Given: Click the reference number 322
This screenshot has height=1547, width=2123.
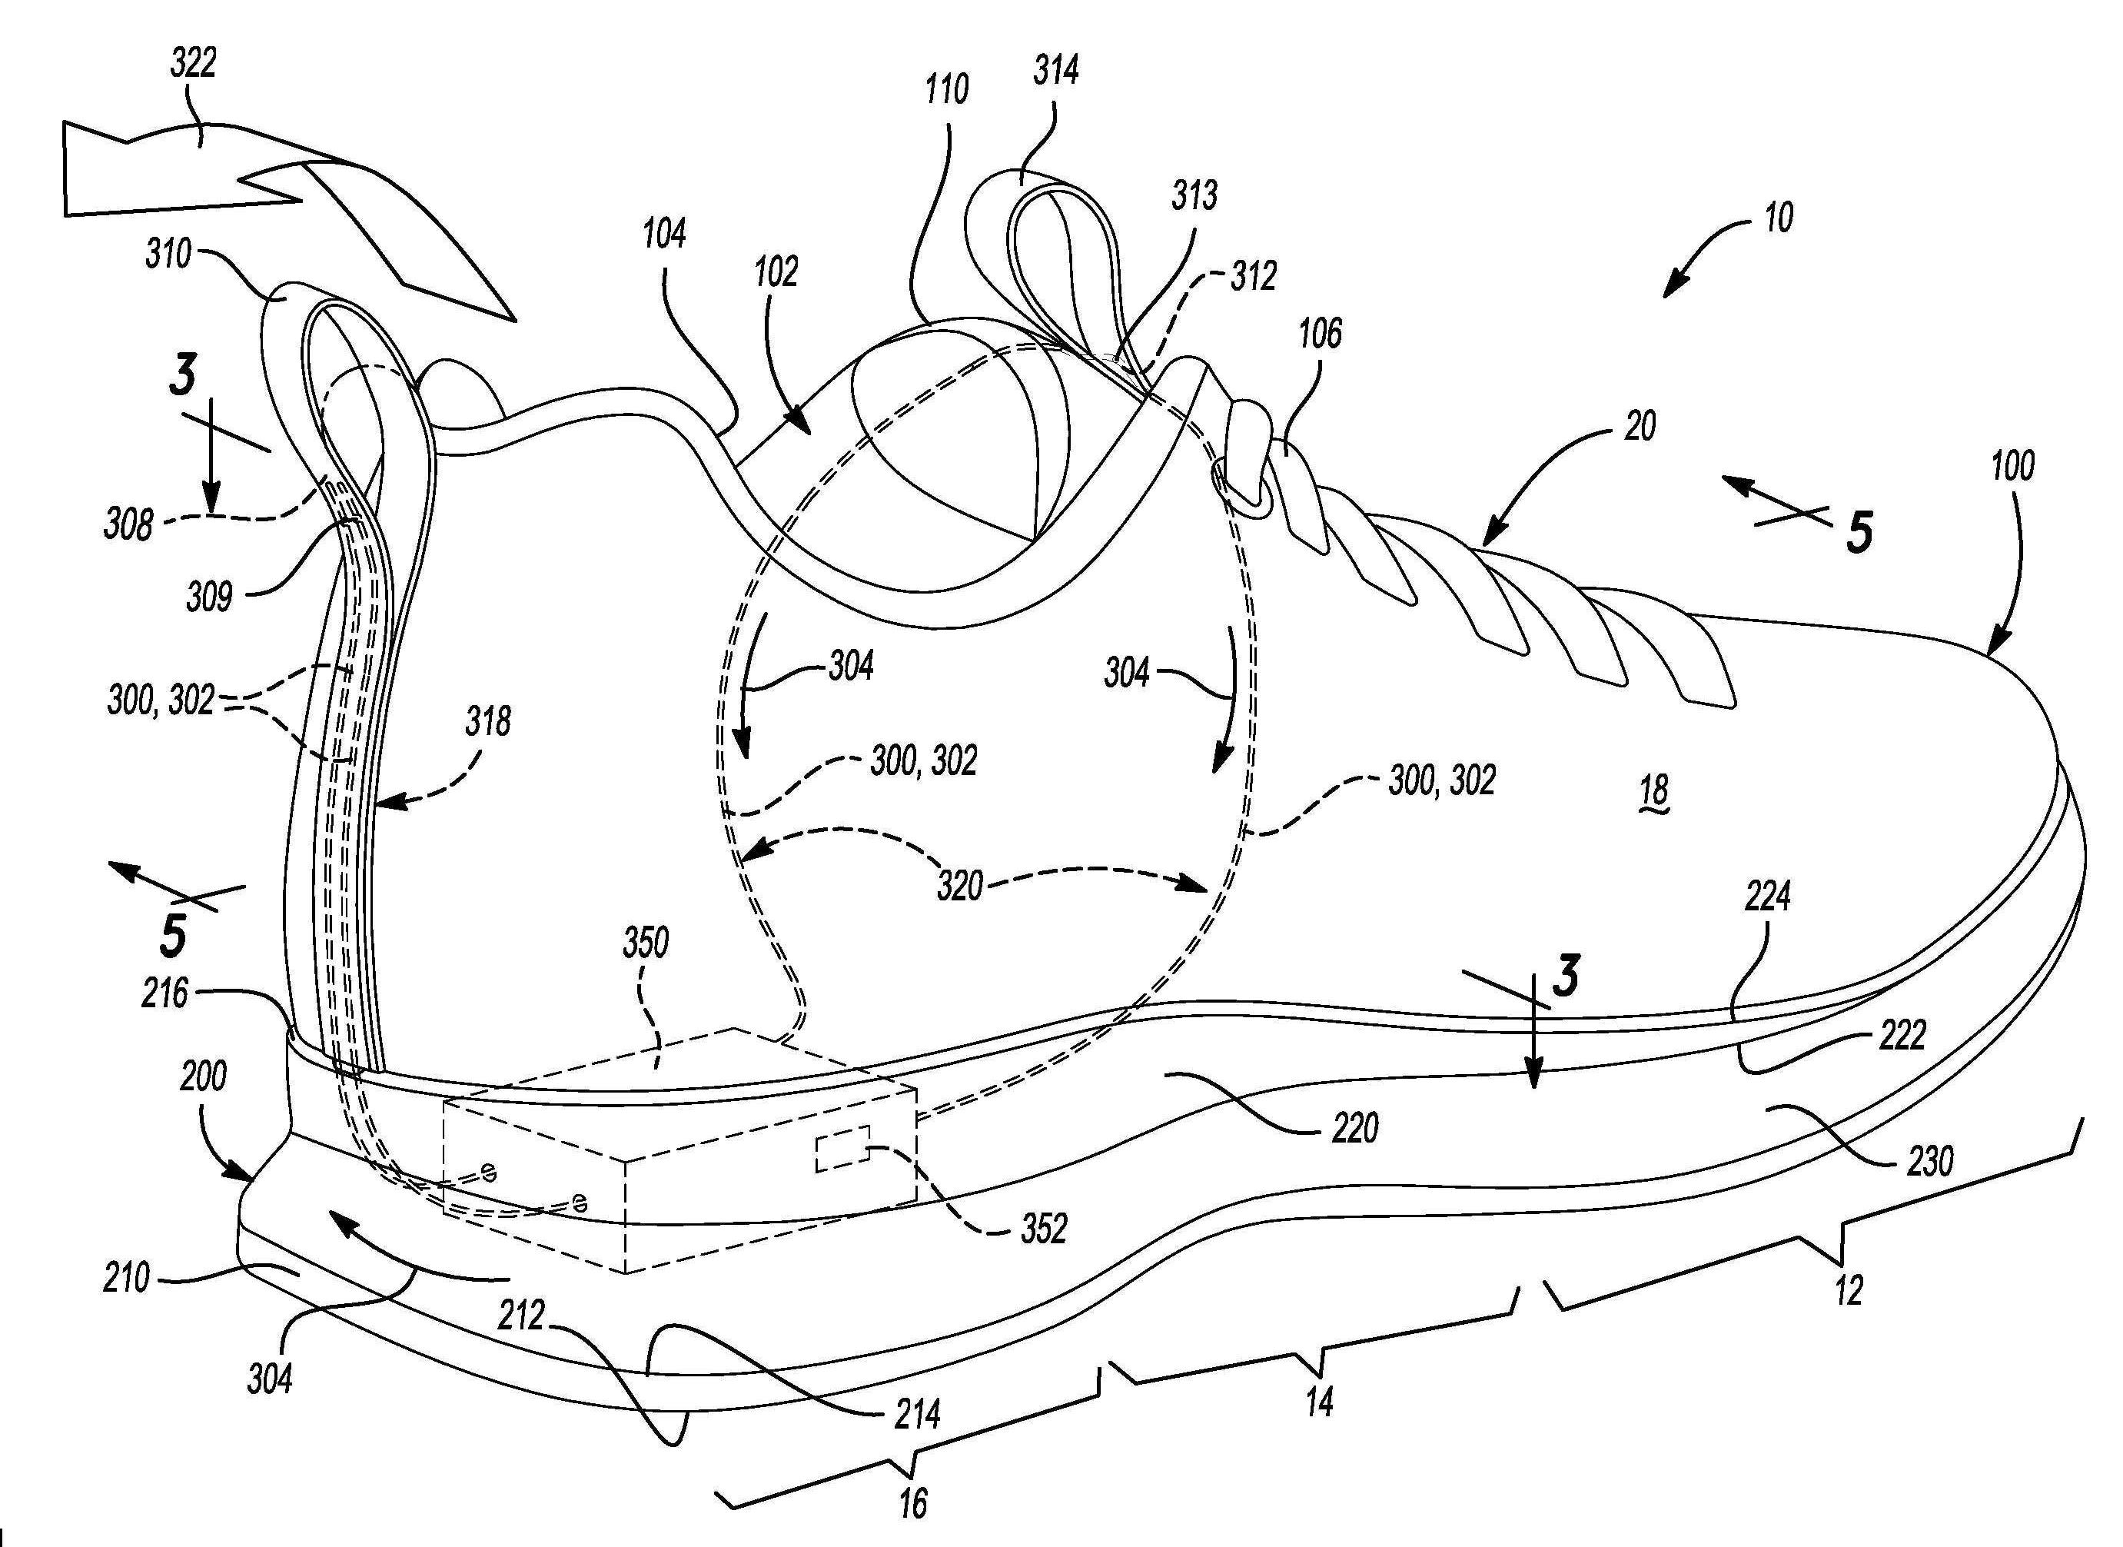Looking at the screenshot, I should click(x=194, y=63).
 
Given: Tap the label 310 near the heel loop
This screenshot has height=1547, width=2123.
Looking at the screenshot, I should click(x=169, y=254).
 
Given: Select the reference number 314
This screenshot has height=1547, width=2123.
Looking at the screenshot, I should click(x=1056, y=70).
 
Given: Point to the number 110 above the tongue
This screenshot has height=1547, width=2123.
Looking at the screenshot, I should click(x=946, y=90).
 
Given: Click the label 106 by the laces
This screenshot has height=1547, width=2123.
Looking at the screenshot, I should click(x=1320, y=334).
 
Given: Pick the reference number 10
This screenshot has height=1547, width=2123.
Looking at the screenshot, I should click(x=1779, y=218).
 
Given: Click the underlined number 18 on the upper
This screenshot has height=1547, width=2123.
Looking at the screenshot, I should click(x=1654, y=790).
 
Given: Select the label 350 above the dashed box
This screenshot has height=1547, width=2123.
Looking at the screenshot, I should click(x=645, y=943).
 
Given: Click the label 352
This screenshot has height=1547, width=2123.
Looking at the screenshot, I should click(x=1043, y=1229).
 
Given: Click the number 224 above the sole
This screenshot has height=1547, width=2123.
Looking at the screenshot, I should click(x=1767, y=897).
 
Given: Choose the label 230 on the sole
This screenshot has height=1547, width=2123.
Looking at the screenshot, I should click(x=1929, y=1161).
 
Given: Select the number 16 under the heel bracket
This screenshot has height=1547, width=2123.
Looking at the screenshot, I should click(x=912, y=1503).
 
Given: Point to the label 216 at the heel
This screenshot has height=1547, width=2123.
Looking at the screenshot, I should click(x=166, y=993).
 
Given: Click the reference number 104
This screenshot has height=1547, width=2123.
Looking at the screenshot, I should click(x=663, y=234).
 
